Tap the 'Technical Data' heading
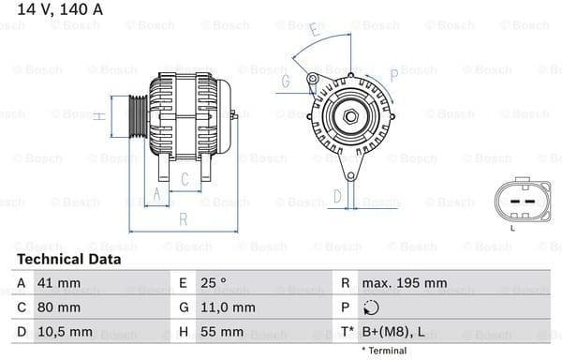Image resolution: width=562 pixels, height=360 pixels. point(68,259)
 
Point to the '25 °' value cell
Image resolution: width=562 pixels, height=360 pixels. point(215,283)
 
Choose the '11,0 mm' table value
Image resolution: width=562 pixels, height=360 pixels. point(229,307)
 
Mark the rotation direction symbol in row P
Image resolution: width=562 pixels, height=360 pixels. point(370,307)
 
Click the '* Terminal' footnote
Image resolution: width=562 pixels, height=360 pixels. point(383,351)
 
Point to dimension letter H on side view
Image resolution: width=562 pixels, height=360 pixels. point(98,116)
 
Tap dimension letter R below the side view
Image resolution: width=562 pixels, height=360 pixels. point(184,219)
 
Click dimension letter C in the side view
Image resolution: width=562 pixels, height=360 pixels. point(185,177)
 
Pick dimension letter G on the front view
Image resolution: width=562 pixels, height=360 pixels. point(283,82)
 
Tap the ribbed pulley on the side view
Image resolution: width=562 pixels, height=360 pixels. point(137,116)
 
